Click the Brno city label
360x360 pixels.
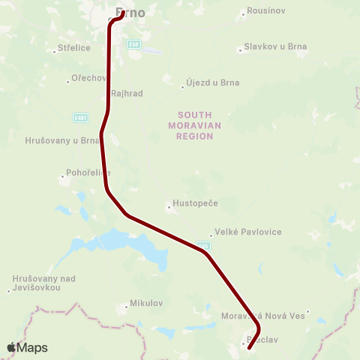pos(130,12)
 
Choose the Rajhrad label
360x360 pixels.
pos(126,94)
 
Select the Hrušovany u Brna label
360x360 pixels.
pos(62,139)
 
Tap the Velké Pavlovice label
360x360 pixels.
pos(248,232)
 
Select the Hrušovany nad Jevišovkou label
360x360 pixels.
pos(44,283)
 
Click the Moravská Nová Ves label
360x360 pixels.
pos(263,316)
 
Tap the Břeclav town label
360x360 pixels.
pos(263,340)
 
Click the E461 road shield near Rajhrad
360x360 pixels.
pos(80,117)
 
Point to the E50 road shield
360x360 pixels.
pos(135,43)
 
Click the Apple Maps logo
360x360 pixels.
pos(27,347)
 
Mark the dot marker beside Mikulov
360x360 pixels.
pos(127,305)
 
